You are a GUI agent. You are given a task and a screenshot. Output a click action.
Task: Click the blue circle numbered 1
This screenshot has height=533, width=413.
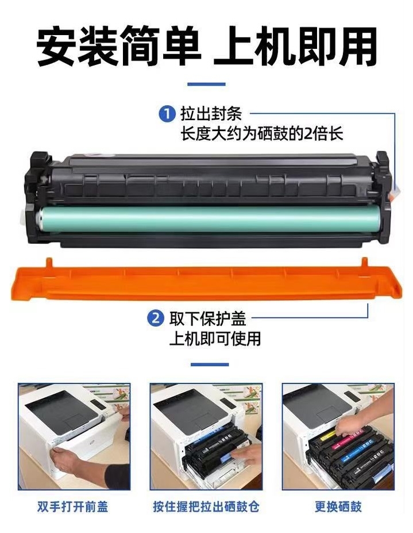click(167, 113)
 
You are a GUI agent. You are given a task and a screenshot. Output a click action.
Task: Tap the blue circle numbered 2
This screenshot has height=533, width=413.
click(156, 318)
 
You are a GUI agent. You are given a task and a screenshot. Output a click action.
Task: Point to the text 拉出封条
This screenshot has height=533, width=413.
click(211, 113)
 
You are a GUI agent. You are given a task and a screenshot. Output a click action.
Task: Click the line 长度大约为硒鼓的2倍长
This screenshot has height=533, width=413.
click(261, 133)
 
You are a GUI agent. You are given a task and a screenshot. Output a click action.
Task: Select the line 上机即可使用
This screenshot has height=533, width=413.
click(215, 338)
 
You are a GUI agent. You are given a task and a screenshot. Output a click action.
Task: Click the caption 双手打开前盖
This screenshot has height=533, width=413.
click(73, 507)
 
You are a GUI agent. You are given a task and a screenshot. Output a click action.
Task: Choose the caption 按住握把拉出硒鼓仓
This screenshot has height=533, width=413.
click(206, 507)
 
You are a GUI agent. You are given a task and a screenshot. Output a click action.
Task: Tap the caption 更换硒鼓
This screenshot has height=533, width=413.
click(338, 507)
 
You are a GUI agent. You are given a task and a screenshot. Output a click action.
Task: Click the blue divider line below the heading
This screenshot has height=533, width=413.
click(207, 84)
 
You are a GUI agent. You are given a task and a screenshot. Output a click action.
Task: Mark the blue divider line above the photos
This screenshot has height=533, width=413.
click(210, 365)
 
